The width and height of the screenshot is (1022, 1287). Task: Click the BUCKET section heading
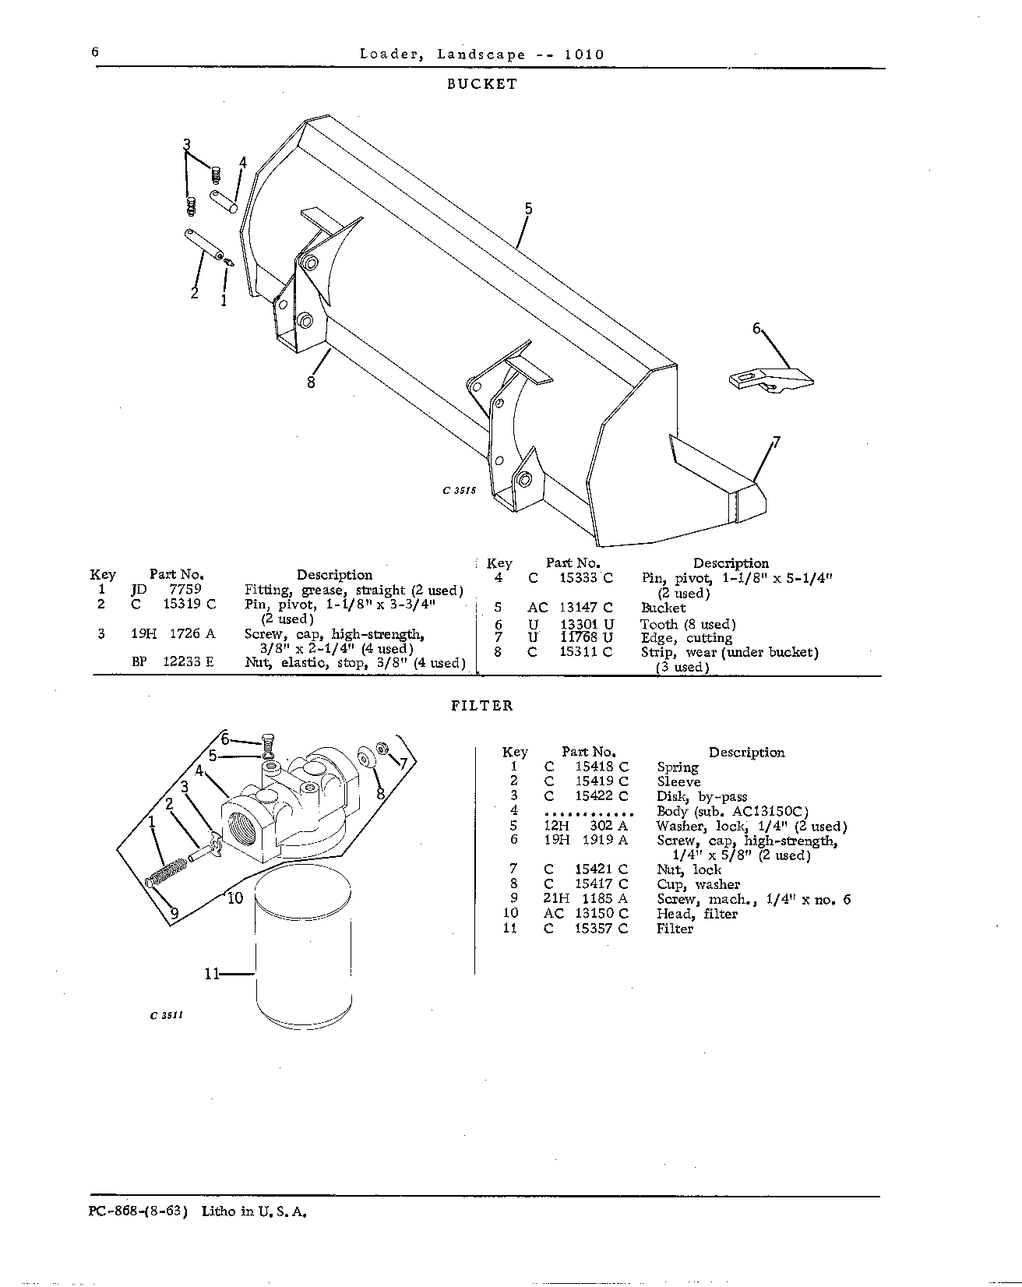[x=481, y=84]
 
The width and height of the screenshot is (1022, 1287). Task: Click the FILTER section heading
[x=482, y=706]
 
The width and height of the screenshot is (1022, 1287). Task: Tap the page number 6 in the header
[x=95, y=52]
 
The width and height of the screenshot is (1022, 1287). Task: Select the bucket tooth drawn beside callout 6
[x=771, y=381]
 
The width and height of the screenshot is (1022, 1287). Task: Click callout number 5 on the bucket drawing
[x=528, y=209]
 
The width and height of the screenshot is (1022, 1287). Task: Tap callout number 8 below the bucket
[x=311, y=383]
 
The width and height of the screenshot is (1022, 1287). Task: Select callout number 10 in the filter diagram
[x=235, y=897]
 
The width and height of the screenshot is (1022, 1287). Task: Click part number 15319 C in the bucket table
[x=189, y=604]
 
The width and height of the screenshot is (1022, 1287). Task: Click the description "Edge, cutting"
[x=686, y=638]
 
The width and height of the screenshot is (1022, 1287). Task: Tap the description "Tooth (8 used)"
[x=688, y=624]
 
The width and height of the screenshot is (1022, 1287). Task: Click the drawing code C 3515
[x=459, y=491]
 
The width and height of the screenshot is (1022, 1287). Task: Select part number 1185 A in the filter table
[x=604, y=899]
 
